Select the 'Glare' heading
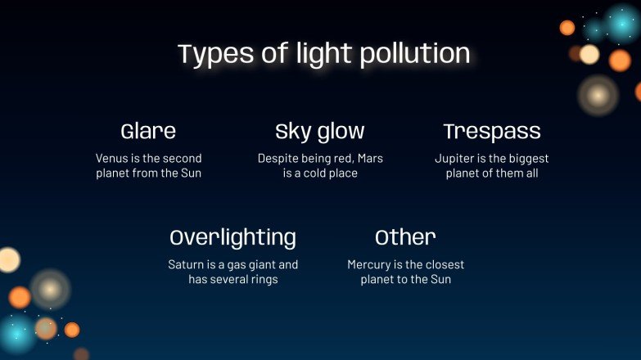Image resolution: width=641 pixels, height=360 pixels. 148,131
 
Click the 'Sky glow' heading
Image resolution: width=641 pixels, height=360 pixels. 320,131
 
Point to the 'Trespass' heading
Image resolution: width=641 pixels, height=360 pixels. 492,131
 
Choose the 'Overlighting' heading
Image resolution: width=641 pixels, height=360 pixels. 233,237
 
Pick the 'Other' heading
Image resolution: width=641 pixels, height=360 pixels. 405,237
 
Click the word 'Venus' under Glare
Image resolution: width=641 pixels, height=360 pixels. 112,158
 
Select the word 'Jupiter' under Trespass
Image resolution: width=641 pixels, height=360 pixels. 454,158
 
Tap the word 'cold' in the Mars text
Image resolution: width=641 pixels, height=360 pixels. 312,173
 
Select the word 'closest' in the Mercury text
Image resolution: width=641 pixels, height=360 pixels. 445,264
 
